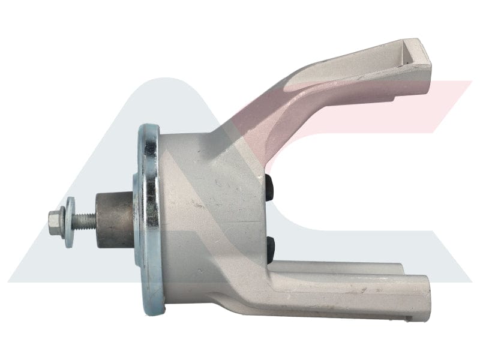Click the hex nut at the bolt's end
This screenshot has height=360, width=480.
click(x=55, y=220)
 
